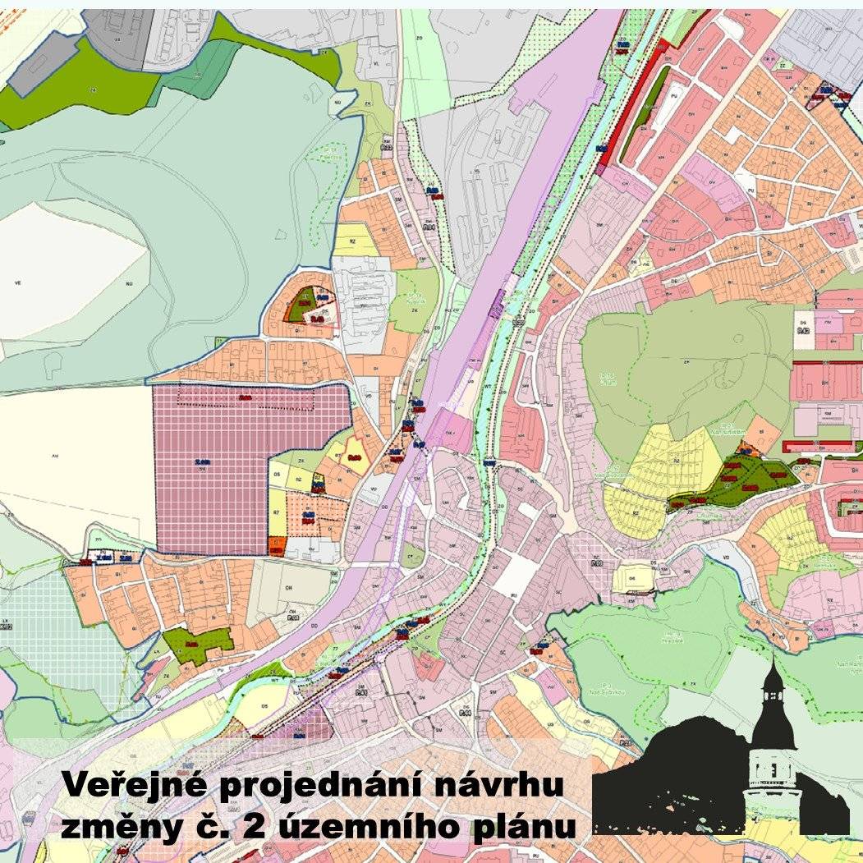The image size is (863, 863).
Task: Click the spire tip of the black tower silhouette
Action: point(772,660)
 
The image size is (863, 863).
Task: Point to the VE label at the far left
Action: point(17,282)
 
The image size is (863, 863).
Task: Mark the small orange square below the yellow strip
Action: point(276,545)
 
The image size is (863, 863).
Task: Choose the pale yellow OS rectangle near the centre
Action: point(632,576)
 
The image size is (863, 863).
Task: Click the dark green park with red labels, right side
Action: point(739,480)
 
